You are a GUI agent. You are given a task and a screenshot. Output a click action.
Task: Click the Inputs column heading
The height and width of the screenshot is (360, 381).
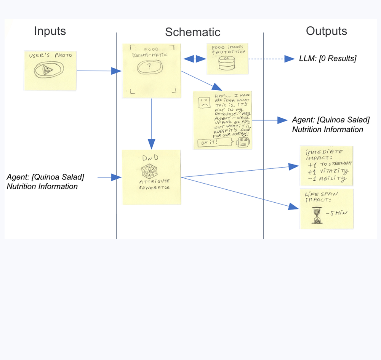click(x=50, y=31)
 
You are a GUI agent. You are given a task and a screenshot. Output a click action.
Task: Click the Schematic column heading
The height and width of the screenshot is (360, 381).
click(x=192, y=32)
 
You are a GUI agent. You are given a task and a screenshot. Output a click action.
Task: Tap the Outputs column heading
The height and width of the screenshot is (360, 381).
click(x=327, y=31)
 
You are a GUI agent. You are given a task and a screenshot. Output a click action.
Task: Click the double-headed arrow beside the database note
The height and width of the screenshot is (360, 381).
click(x=194, y=59)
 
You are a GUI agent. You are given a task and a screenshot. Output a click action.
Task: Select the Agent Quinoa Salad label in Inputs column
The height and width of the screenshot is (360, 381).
click(x=45, y=181)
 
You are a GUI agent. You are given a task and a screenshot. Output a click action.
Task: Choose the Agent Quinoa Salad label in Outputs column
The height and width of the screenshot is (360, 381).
click(x=330, y=125)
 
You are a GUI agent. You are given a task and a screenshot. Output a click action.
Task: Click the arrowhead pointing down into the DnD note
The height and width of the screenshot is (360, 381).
click(x=151, y=144)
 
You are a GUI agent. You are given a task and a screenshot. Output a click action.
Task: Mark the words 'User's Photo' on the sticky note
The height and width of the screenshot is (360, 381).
click(x=50, y=55)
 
